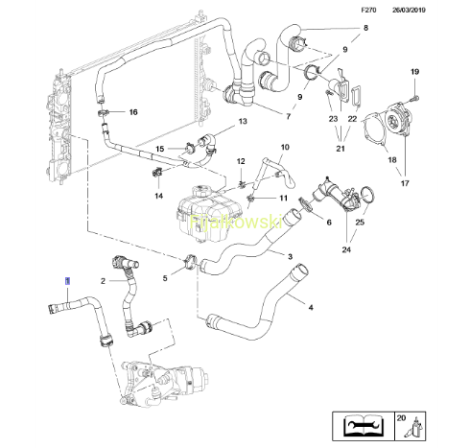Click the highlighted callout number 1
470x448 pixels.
click(67, 281)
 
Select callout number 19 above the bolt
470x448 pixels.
click(414, 72)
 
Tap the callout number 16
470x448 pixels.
click(133, 112)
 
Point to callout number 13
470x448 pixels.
click(243, 121)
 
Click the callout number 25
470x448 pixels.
click(360, 222)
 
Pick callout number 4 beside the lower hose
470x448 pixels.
click(311, 307)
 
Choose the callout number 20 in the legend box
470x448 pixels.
click(401, 417)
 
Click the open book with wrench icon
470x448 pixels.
click(363, 426)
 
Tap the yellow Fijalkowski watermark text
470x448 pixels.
click(236, 222)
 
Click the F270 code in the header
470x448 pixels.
click(368, 10)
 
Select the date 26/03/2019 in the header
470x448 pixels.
click(409, 10)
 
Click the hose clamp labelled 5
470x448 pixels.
click(191, 260)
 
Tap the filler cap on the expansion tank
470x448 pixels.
click(201, 191)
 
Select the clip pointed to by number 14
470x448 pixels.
click(156, 173)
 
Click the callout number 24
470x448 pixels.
click(346, 249)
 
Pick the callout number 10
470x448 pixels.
click(285, 147)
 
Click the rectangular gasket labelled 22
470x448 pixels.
click(356, 95)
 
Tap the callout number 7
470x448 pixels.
click(289, 116)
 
